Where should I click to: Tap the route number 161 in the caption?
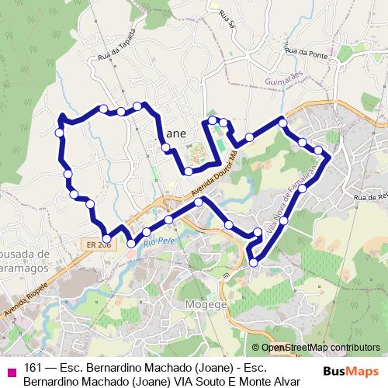coord(33,368)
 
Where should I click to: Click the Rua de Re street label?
coord(369,198)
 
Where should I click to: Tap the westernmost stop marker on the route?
coord(60,133)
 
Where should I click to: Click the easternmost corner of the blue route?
coord(329,157)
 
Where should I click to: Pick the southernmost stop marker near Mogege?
coord(254,265)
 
